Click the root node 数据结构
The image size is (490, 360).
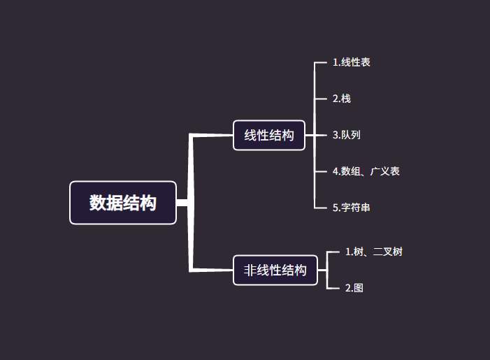click(x=123, y=203)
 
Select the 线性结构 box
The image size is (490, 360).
click(x=269, y=135)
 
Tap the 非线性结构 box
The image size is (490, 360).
click(x=275, y=270)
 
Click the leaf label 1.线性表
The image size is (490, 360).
click(x=352, y=62)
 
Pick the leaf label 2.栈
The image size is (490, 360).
click(x=342, y=99)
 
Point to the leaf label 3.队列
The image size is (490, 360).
click(x=347, y=135)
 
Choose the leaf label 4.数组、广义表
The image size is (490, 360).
click(x=366, y=171)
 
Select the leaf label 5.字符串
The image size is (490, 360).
click(x=352, y=208)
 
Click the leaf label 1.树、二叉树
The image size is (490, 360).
click(x=374, y=252)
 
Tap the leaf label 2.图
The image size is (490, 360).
click(x=354, y=288)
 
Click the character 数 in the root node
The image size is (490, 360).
click(x=97, y=203)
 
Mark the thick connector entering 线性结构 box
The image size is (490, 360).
click(x=212, y=135)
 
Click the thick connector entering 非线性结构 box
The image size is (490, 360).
click(x=212, y=269)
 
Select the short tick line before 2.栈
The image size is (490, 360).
click(x=322, y=99)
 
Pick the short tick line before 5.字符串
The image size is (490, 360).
click(x=322, y=208)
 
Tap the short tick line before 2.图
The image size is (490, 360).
click(x=333, y=288)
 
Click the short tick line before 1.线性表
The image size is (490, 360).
click(x=322, y=62)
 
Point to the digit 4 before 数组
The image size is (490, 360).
click(x=336, y=171)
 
